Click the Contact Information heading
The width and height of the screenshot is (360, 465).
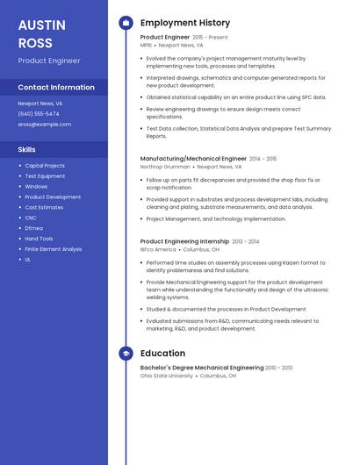pyautogui.click(x=56, y=87)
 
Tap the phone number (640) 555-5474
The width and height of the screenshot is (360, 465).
pyautogui.click(x=39, y=114)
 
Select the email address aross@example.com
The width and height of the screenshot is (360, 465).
pyautogui.click(x=45, y=125)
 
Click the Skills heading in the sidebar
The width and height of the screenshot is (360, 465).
pyautogui.click(x=27, y=150)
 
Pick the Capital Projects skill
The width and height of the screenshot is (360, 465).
pyautogui.click(x=45, y=166)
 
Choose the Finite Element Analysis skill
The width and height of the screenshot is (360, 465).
pyautogui.click(x=54, y=249)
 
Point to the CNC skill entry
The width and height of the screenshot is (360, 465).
pyautogui.click(x=31, y=218)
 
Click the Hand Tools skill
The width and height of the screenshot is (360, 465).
pyautogui.click(x=39, y=239)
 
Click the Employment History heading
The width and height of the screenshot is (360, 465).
pyautogui.click(x=185, y=23)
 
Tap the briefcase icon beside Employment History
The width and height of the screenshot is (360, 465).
pyautogui.click(x=126, y=23)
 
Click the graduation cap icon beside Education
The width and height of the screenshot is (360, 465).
pyautogui.click(x=126, y=354)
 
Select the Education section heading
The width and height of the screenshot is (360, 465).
pyautogui.click(x=162, y=354)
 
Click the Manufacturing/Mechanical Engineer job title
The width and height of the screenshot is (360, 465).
pyautogui.click(x=193, y=159)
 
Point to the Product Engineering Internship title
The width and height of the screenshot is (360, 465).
pyautogui.click(x=184, y=241)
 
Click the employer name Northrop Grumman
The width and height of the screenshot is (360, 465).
pyautogui.click(x=164, y=167)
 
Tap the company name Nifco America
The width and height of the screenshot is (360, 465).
pyautogui.click(x=158, y=249)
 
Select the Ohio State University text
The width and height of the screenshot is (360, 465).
pyautogui.click(x=167, y=376)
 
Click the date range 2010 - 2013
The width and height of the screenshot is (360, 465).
pyautogui.click(x=279, y=368)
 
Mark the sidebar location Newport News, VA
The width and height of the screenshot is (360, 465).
pyautogui.click(x=40, y=104)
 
